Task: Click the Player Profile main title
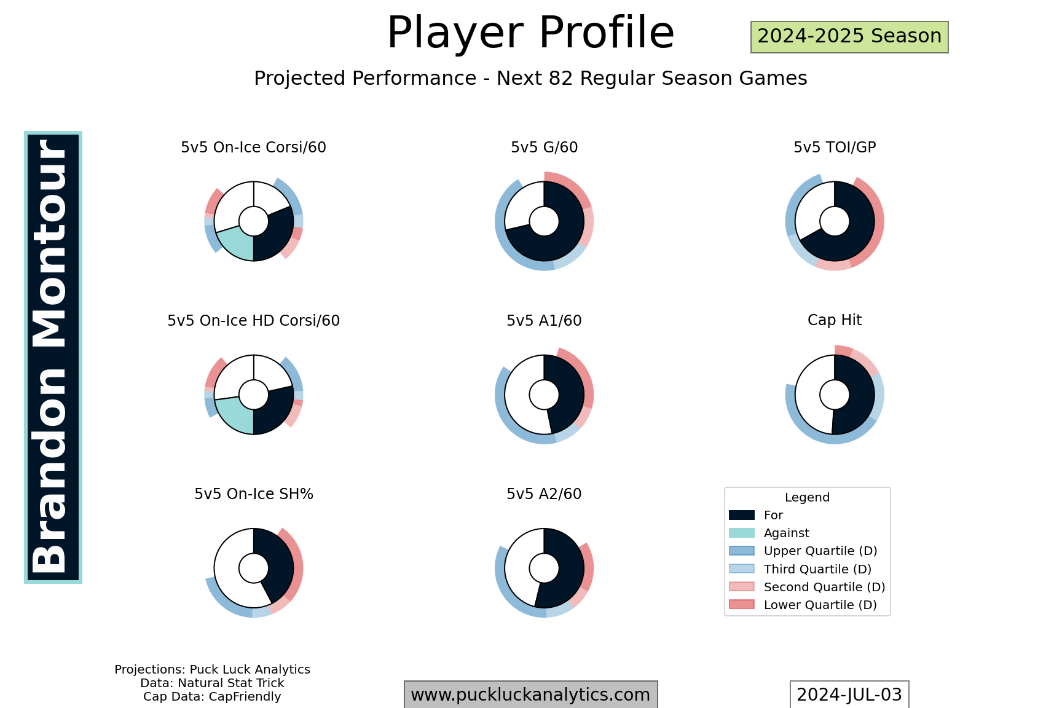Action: (x=530, y=33)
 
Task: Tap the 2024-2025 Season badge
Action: (x=849, y=37)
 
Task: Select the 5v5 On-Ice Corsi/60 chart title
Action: (x=253, y=147)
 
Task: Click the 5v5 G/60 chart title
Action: (x=544, y=147)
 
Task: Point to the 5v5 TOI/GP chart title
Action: (x=835, y=147)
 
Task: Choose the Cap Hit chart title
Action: (x=835, y=320)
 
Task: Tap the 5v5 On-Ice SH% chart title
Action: (x=254, y=494)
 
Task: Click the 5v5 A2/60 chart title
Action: (x=544, y=494)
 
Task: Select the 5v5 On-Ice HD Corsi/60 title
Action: (x=253, y=321)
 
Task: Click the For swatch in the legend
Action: (x=742, y=515)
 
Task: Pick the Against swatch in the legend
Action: (x=742, y=533)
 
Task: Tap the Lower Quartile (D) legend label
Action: (x=820, y=605)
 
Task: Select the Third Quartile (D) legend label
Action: (x=817, y=569)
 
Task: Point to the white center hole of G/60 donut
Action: (x=544, y=221)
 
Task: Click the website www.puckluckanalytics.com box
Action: (x=530, y=694)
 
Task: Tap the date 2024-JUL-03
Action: (x=849, y=694)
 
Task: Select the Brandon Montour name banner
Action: (x=53, y=357)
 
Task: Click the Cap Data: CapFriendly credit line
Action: (x=212, y=697)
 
